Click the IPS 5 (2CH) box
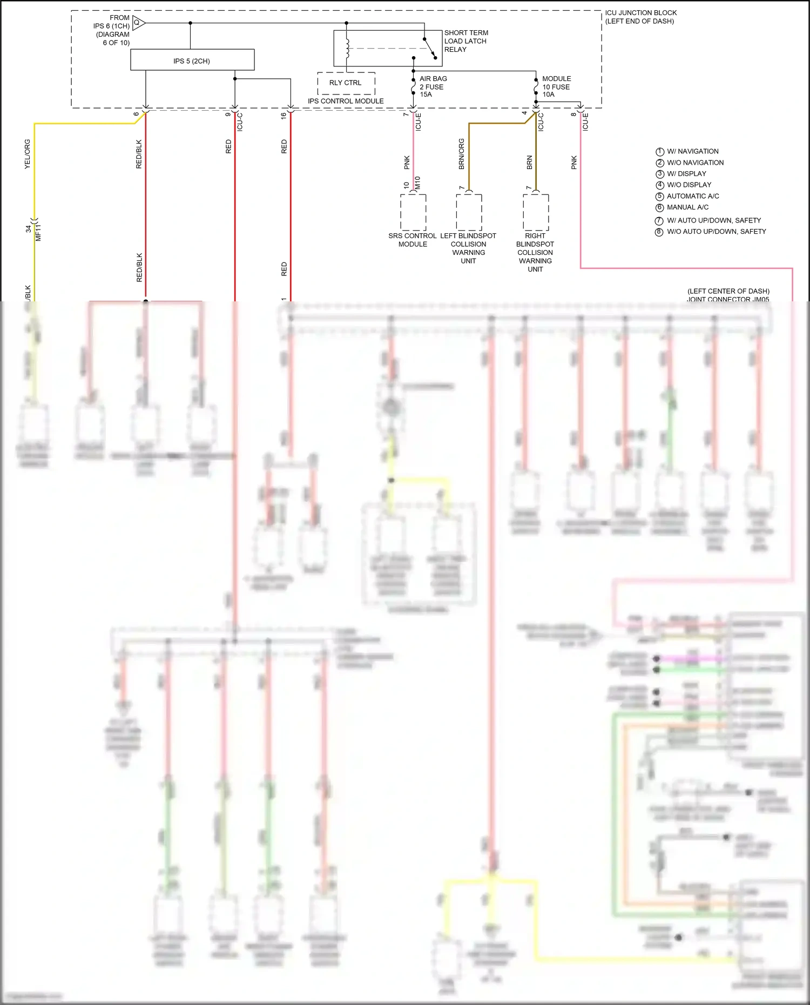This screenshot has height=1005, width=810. [x=192, y=60]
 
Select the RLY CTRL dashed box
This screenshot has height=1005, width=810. [x=346, y=83]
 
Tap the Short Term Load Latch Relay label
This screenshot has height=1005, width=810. [x=465, y=41]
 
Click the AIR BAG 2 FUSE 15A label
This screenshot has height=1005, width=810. [x=433, y=86]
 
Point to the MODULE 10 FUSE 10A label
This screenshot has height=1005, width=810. [x=556, y=86]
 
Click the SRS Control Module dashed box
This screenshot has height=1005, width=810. [x=413, y=212]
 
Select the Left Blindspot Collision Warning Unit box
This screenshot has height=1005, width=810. [x=469, y=212]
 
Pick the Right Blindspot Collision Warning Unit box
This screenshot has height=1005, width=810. [x=536, y=212]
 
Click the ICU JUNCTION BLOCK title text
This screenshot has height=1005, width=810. [x=640, y=13]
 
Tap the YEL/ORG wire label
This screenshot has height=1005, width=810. [x=28, y=154]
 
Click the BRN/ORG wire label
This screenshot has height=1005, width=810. [x=462, y=154]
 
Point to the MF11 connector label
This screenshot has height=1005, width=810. [x=38, y=233]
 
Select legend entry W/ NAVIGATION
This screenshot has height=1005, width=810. [x=692, y=152]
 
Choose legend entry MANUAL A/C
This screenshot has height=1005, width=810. [x=687, y=207]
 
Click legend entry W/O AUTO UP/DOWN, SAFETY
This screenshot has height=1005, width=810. [x=716, y=232]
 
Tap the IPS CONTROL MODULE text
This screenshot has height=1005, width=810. [x=346, y=101]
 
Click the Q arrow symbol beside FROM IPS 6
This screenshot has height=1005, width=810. [x=138, y=23]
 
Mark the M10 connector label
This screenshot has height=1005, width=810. [x=417, y=183]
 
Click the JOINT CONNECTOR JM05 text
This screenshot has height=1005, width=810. [x=728, y=299]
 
